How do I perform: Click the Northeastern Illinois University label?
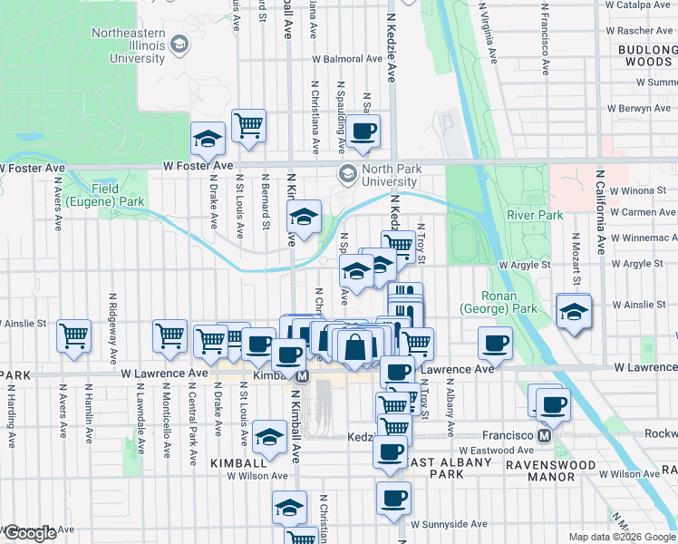tap(127, 45)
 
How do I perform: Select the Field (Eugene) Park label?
tap(121, 195)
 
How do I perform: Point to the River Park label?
tap(535, 215)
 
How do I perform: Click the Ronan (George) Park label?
tap(500, 301)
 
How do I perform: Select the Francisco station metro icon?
tap(544, 435)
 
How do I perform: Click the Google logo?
tap(29, 533)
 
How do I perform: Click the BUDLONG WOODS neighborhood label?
tap(647, 55)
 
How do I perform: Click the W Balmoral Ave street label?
tap(348, 59)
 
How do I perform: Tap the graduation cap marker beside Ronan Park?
tap(573, 311)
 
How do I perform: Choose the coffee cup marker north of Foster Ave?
tap(363, 131)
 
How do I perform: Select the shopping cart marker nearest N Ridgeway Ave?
tap(74, 335)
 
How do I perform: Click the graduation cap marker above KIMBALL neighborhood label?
tap(269, 438)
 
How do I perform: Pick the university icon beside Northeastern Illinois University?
tap(179, 44)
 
